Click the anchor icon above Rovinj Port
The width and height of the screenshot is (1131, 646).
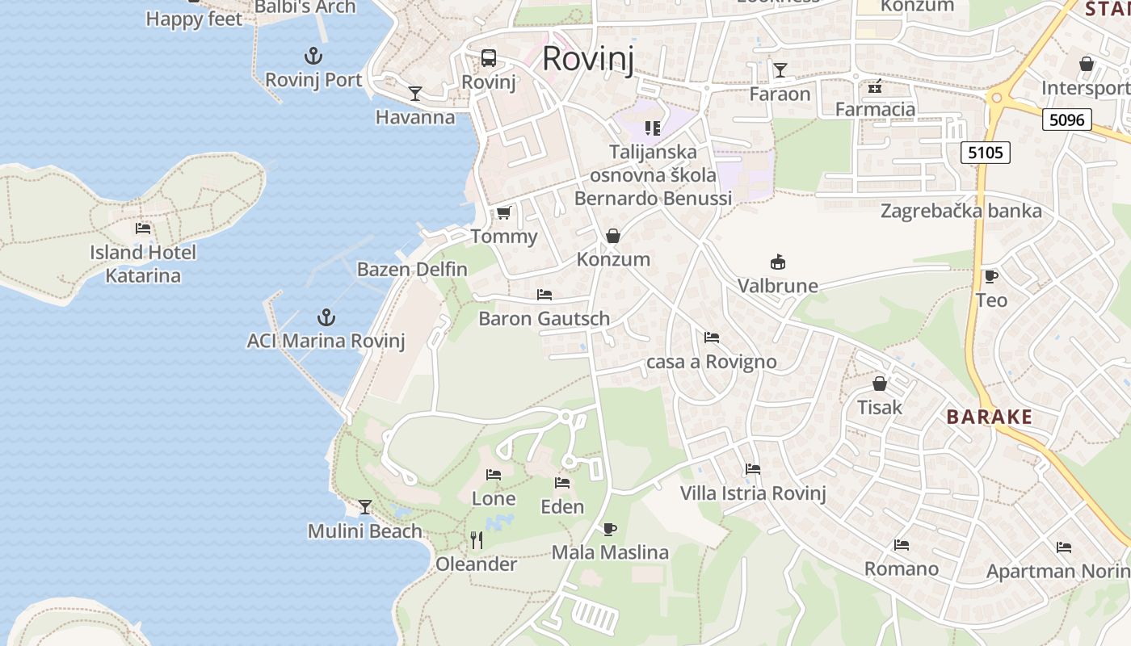pos(313,56)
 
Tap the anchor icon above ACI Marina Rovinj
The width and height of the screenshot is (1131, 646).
pos(326,317)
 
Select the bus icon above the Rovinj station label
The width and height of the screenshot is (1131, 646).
pos(489,58)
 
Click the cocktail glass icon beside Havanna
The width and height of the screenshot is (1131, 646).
pos(414,94)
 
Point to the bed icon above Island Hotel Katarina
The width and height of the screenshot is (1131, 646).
pos(143,229)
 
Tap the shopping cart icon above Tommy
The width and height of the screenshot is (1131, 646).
pos(503,212)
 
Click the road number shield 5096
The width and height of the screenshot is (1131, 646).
pos(1066,120)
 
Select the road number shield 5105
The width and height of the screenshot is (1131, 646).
pos(986,152)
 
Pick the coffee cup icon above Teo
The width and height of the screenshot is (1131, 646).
pos(990,277)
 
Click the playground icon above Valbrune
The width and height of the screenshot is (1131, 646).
pos(777,262)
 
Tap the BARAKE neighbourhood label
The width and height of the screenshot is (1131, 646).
pos(989,417)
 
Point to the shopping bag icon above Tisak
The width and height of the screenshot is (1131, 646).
pos(879,383)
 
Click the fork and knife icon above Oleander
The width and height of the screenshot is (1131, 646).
pos(477,539)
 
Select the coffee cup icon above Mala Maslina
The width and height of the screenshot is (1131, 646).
pos(609,529)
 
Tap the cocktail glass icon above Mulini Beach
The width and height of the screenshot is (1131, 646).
pos(365,506)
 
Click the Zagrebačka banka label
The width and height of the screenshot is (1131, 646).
pos(961,212)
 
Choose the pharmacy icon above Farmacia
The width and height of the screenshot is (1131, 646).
pos(875,86)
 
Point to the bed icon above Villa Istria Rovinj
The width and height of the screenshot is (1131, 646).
pos(753,468)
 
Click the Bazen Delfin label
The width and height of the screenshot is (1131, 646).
pos(412,269)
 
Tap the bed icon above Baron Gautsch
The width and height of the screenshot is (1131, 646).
pos(544,294)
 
